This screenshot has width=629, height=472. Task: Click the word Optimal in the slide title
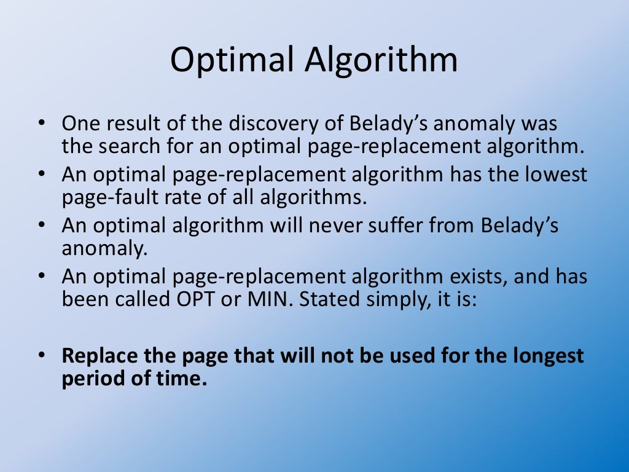point(232,61)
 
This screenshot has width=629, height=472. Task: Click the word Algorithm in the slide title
point(381,61)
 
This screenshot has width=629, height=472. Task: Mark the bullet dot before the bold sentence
point(41,356)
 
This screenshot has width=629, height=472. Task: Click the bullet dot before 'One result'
point(41,124)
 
